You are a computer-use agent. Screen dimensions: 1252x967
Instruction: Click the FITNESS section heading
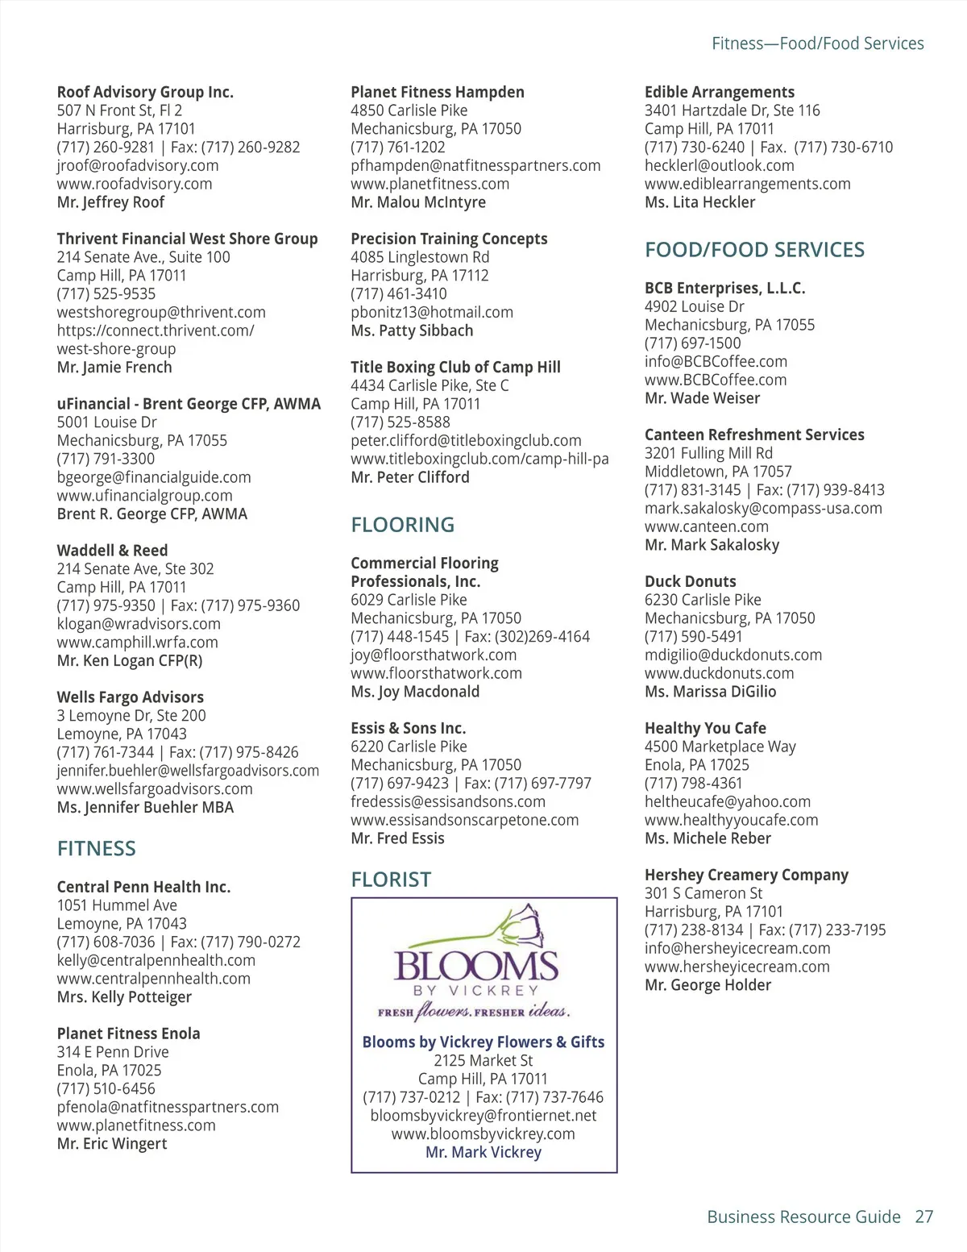pyautogui.click(x=97, y=849)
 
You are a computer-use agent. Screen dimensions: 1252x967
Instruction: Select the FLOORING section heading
pyautogui.click(x=403, y=525)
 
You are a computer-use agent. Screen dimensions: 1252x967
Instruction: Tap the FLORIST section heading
pyautogui.click(x=391, y=880)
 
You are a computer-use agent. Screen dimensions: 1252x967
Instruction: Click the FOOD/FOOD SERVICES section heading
pyautogui.click(x=754, y=250)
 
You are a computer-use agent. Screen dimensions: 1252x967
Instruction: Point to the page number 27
pyautogui.click(x=923, y=1217)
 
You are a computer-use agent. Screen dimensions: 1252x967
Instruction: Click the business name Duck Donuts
pyautogui.click(x=690, y=581)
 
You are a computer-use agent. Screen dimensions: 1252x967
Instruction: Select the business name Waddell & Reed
pyautogui.click(x=113, y=551)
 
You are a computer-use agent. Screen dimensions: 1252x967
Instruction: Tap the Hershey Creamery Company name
pyautogui.click(x=746, y=875)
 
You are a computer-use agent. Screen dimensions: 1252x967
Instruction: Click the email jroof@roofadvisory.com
pyautogui.click(x=138, y=165)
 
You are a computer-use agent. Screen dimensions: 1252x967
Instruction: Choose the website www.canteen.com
pyautogui.click(x=707, y=526)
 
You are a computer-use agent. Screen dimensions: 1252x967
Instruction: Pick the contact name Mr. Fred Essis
pyautogui.click(x=397, y=838)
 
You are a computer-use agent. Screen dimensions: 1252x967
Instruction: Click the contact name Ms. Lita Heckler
pyautogui.click(x=699, y=202)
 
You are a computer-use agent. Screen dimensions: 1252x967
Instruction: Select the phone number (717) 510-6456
pyautogui.click(x=106, y=1088)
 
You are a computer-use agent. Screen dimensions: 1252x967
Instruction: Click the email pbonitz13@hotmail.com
pyautogui.click(x=432, y=312)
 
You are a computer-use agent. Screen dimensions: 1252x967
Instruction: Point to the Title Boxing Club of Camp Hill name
pyautogui.click(x=455, y=367)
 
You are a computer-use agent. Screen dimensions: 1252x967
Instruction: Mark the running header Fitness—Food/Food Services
pyautogui.click(x=817, y=44)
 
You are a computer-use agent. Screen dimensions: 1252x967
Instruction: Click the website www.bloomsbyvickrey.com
pyautogui.click(x=483, y=1133)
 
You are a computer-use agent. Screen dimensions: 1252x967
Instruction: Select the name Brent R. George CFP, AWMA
pyautogui.click(x=152, y=514)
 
